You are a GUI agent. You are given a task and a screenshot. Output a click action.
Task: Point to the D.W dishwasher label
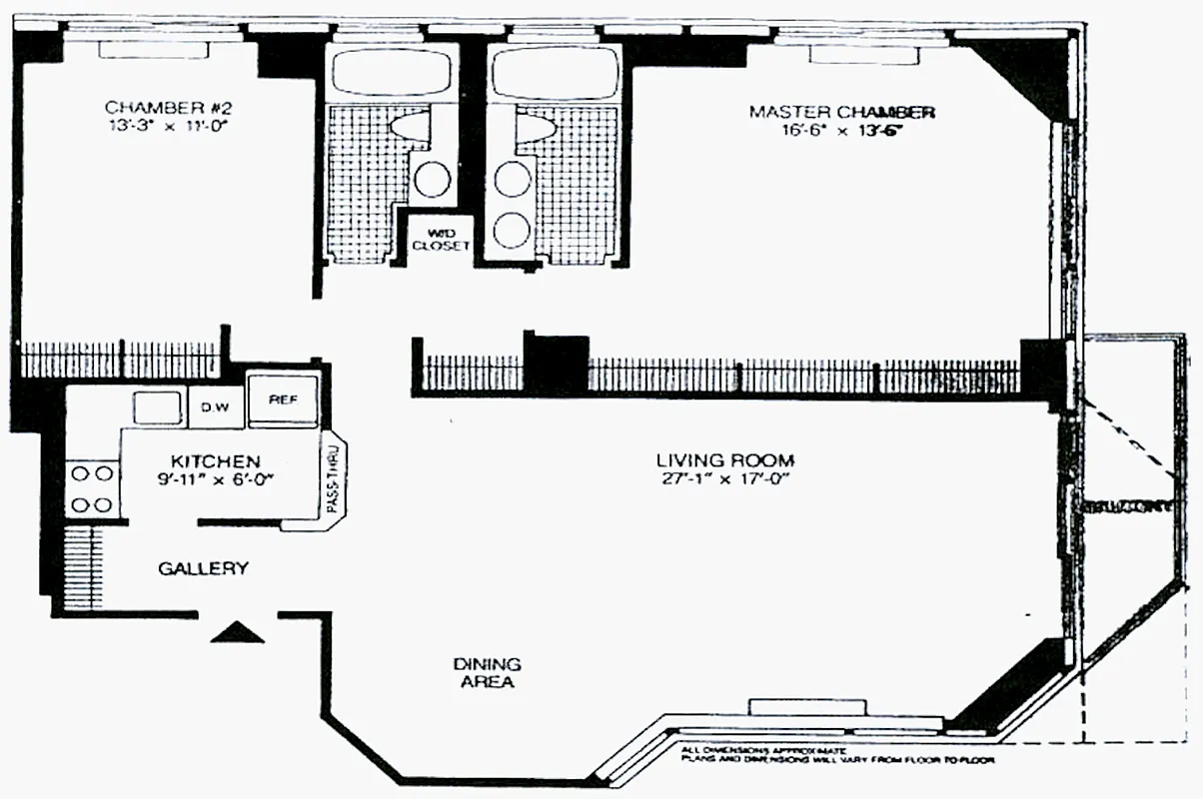pos(216,406)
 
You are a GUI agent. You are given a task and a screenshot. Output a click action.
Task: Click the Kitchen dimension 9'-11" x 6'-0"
pos(216,479)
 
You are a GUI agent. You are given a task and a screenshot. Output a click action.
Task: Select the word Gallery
pos(203,568)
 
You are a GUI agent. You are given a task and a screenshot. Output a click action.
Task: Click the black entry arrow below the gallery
pos(240,631)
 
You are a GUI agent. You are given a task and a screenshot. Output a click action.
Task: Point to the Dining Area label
pos(487,673)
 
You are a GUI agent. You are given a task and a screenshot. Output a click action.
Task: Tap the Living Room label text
pos(724,460)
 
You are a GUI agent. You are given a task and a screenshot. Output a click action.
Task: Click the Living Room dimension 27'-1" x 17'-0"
pos(724,479)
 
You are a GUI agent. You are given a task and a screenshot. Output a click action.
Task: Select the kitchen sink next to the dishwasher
pos(157,406)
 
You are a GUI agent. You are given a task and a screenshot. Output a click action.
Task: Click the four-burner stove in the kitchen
pos(91,488)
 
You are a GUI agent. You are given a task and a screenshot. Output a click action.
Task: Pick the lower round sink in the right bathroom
pos(511,226)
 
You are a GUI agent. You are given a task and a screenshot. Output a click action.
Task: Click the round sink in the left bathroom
pos(432,180)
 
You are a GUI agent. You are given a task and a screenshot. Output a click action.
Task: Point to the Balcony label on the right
pos(1126,506)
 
